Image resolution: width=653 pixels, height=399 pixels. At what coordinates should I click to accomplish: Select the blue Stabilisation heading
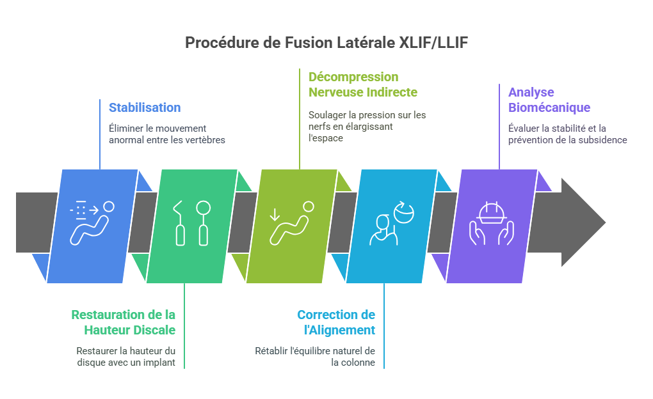(x=145, y=107)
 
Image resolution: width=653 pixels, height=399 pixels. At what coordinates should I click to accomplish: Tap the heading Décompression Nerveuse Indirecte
(x=363, y=84)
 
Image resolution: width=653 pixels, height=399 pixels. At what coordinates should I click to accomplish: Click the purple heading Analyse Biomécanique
(x=549, y=100)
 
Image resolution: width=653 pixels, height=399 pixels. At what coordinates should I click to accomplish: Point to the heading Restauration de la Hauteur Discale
(x=124, y=322)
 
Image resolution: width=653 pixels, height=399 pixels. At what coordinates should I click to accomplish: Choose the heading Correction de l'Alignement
(x=336, y=322)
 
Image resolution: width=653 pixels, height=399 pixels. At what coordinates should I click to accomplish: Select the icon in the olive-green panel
(x=292, y=224)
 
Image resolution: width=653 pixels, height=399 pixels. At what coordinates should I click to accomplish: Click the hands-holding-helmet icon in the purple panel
(x=492, y=224)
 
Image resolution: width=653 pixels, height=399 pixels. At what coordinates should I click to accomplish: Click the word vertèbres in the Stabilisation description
(x=205, y=140)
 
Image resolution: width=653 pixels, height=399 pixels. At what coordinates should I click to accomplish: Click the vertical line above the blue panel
(x=101, y=134)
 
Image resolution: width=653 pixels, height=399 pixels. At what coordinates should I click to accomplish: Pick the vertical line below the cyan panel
(x=384, y=326)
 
